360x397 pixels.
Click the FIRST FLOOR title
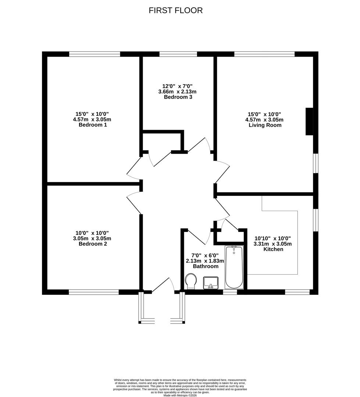[175, 10]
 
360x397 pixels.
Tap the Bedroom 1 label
[93, 125]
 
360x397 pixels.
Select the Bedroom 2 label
[93, 244]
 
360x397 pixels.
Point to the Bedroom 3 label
[178, 97]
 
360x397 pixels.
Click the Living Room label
[265, 125]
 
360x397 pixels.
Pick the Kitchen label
[273, 249]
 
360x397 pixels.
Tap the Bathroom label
[206, 266]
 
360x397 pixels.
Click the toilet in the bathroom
[190, 281]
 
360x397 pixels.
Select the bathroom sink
[211, 283]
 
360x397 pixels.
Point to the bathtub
[234, 267]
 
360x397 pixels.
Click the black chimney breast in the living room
[309, 122]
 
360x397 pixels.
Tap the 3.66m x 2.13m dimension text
[177, 92]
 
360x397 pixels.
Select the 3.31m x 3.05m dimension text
[272, 244]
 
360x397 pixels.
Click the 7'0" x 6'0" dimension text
[205, 255]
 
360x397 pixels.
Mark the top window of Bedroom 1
[95, 54]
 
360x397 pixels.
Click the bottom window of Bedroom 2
[94, 292]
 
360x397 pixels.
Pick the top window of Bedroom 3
[178, 54]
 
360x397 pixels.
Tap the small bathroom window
[230, 292]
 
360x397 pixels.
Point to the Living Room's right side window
[316, 163]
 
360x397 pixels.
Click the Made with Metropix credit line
[180, 395]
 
